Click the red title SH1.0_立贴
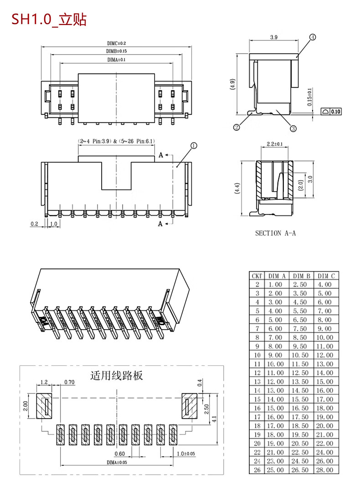coord(49,20)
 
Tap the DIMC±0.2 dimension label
coord(117,43)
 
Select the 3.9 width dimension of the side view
coord(274,37)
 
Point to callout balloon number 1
coord(194,146)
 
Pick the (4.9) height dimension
coord(232,85)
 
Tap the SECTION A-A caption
coord(275,233)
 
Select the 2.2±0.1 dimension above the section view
coord(274,144)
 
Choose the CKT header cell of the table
coord(257,276)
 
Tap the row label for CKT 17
coord(257,417)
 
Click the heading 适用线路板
coord(117,376)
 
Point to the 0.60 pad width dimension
coord(119,454)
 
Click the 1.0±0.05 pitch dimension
coord(185,454)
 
